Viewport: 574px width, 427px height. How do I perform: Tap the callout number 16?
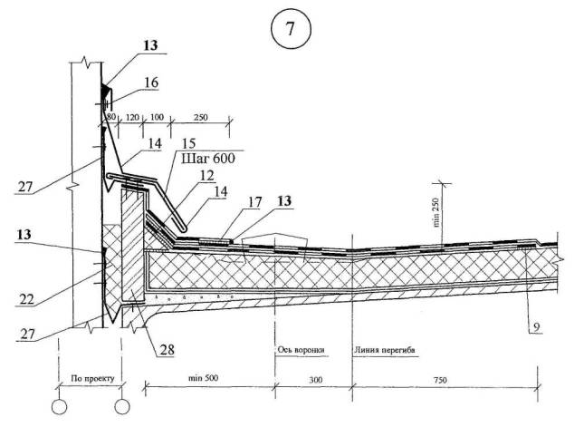(150, 82)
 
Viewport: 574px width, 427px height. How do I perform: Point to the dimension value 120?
(133, 118)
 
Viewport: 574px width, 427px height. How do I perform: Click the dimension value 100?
(157, 118)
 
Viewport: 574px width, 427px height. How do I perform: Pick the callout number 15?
(187, 143)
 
